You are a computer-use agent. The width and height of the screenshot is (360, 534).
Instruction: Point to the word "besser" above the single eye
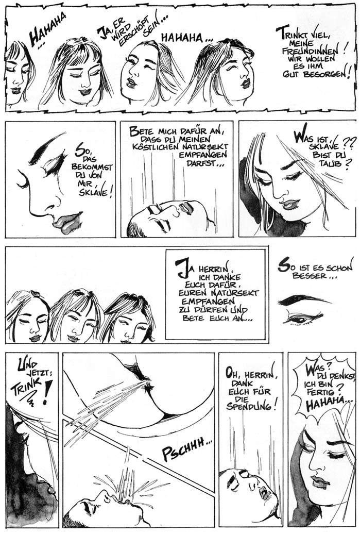tap(310, 276)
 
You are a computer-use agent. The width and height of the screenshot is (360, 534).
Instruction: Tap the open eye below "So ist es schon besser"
tap(299, 320)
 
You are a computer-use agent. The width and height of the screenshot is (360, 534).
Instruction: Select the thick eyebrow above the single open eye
tap(303, 300)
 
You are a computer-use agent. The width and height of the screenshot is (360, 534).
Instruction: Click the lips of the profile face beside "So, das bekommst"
tap(67, 221)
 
